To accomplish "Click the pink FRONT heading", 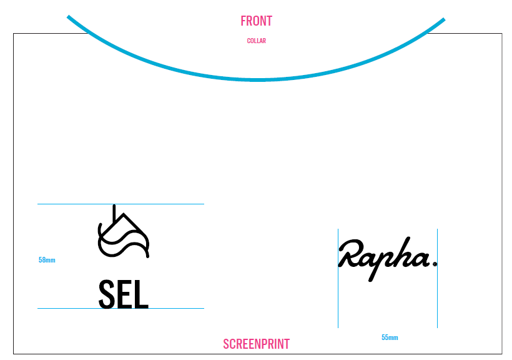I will point(256,21).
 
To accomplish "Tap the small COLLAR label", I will point(256,41).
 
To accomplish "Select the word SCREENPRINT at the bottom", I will point(256,344).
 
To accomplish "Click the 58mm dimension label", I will point(47,260).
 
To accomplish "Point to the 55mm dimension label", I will point(390,337).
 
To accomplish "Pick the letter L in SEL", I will point(141,294).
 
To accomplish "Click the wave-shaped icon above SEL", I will point(123,236).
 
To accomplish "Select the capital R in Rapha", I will point(350,253).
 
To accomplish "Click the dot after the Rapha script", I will point(435,264).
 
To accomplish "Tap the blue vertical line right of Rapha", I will point(437,300).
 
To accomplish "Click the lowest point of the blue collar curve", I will point(256,80).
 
